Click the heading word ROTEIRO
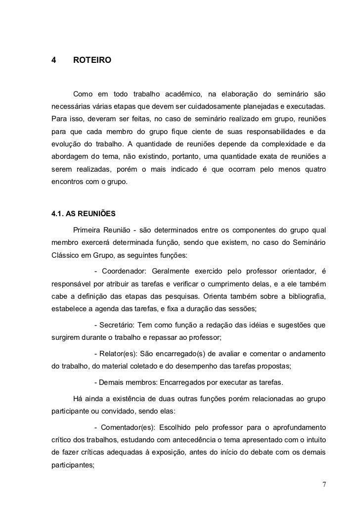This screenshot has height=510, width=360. (x=92, y=61)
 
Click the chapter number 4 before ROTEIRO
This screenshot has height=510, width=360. (x=53, y=61)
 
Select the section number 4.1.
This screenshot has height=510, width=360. (x=57, y=214)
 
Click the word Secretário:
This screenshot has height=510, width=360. (x=118, y=325)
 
